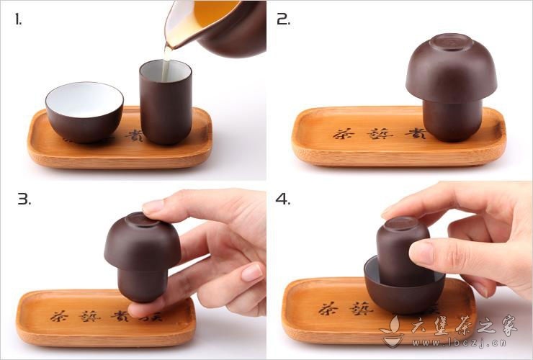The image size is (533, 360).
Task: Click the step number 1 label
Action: pyautogui.click(x=18, y=19)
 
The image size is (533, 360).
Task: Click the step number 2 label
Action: pyautogui.click(x=283, y=19)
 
